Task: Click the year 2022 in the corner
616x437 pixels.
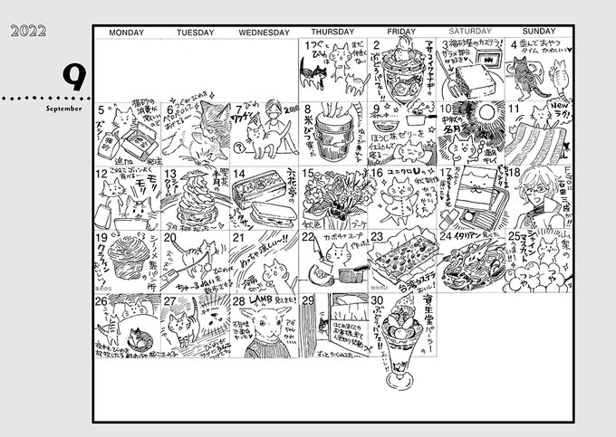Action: click(x=26, y=33)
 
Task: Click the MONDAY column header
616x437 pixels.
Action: click(x=127, y=33)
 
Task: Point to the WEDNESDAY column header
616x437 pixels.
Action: click(x=264, y=33)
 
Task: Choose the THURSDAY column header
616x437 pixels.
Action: click(x=332, y=33)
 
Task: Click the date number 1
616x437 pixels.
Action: click(x=308, y=45)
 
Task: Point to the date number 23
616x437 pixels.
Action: click(x=377, y=236)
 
